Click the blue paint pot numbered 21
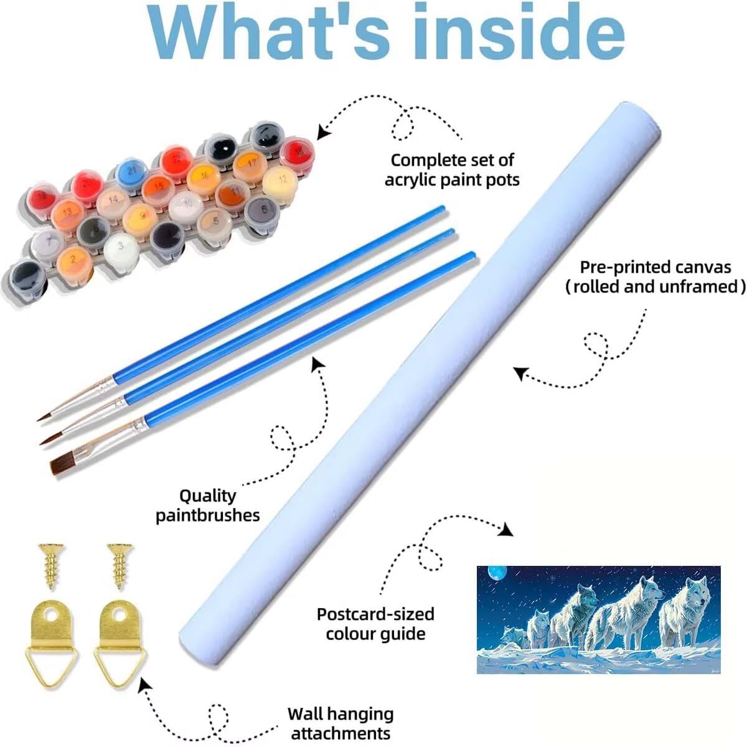[131, 170]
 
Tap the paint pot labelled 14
[112, 200]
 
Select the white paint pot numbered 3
[121, 247]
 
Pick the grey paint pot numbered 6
[264, 210]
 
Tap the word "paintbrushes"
[207, 515]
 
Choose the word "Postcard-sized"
[375, 614]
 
